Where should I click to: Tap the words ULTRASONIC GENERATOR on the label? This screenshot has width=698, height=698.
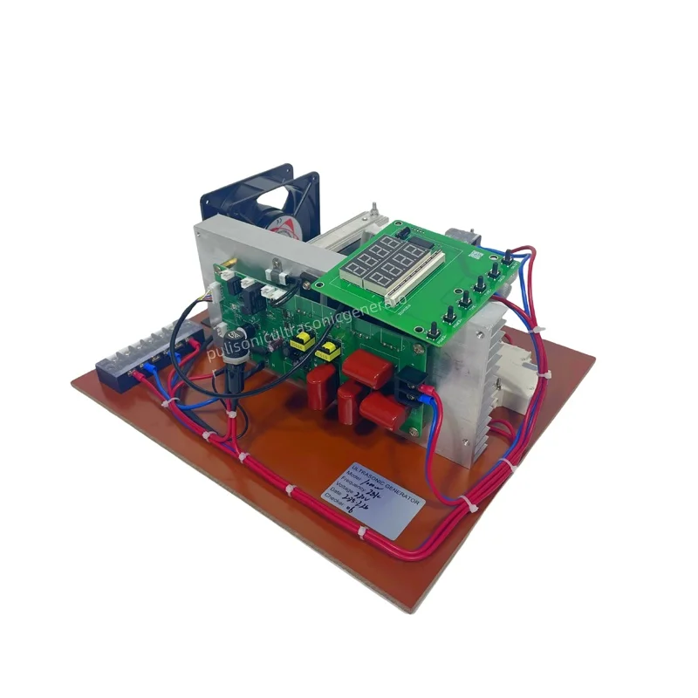[x=384, y=483]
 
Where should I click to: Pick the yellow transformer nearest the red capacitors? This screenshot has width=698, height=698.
[x=328, y=352]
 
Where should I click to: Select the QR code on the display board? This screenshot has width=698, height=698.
[x=476, y=256]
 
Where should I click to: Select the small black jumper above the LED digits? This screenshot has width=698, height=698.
[x=402, y=233]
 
